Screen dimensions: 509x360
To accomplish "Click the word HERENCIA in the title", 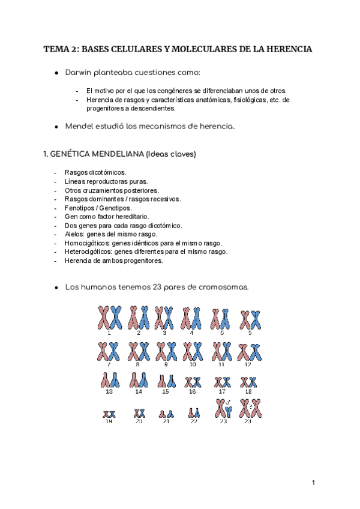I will coord(290,49).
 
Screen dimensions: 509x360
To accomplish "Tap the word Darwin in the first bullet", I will coord(81,72).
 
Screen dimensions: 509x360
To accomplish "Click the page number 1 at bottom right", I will coord(313,483).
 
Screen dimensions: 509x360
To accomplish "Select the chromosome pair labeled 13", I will coord(109,379).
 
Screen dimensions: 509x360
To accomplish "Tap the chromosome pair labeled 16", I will coord(193,381).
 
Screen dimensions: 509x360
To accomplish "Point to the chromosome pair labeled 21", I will coord(166,414).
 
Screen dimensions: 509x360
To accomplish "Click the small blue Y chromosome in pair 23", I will coord(229,411).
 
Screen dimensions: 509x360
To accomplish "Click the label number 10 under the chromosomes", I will coord(193,364).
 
